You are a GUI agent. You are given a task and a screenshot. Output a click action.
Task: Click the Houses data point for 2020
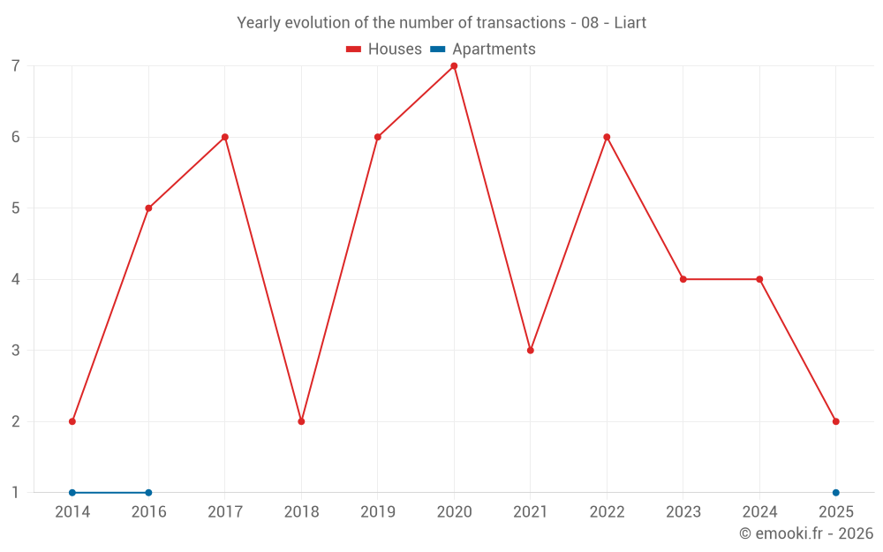point(454,66)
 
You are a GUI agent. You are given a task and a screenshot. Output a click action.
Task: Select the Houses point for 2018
point(301,421)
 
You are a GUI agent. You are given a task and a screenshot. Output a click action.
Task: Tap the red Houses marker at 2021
point(531,351)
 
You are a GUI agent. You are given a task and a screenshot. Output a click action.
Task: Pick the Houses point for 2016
point(148,208)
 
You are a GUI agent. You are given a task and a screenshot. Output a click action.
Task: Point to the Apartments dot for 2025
point(836,493)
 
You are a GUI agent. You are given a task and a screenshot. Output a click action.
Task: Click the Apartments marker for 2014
point(72,493)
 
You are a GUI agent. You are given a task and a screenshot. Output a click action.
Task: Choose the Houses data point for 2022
point(607,137)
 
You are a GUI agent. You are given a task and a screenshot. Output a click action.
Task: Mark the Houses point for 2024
point(759,279)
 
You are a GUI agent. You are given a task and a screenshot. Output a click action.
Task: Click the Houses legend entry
point(384,49)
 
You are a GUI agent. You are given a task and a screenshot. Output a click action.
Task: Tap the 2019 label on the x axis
point(378,512)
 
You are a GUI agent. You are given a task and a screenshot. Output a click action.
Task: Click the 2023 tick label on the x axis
point(683,512)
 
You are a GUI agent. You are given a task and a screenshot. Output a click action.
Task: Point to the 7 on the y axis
point(16,66)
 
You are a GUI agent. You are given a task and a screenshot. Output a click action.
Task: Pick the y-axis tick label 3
point(16,351)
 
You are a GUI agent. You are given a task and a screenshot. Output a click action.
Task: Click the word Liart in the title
point(630,23)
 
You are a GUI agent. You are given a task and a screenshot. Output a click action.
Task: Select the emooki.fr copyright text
point(806,533)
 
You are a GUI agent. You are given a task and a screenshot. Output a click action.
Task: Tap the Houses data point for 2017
point(225,137)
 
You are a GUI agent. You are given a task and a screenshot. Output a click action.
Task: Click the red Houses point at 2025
point(836,421)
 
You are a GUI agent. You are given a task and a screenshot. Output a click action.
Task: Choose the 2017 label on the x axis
point(225,512)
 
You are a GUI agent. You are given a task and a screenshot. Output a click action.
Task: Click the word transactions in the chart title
point(518,23)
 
